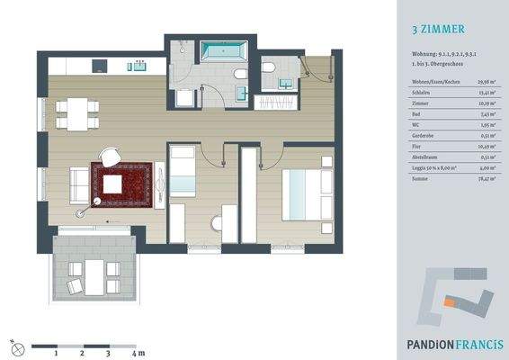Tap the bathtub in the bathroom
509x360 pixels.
[216, 49]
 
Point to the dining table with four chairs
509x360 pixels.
[74, 114]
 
